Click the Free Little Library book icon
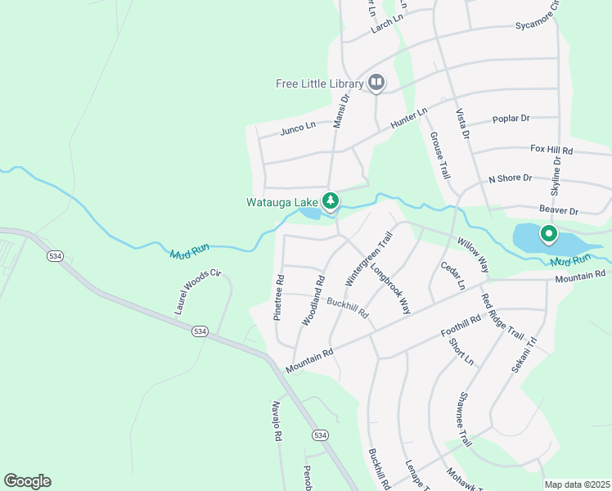[376, 82]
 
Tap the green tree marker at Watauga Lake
[331, 200]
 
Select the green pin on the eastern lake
[547, 236]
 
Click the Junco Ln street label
[298, 127]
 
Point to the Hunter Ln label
[409, 118]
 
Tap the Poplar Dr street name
[511, 119]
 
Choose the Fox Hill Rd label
[551, 151]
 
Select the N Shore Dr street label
[510, 178]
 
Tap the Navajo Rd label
[277, 421]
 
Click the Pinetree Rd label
[279, 297]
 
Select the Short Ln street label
[462, 349]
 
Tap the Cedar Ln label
[452, 276]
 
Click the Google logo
[27, 481]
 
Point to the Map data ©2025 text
[577, 484]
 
